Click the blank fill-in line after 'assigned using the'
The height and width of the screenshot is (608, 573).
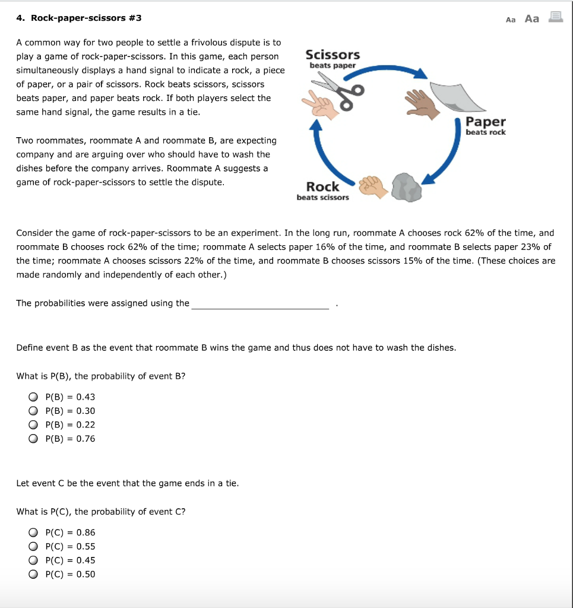tap(259, 304)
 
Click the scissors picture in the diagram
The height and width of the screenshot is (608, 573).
tap(338, 93)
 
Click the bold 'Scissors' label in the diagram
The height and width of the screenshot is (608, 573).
tap(332, 55)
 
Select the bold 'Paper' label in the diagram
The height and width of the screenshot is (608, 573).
tap(486, 122)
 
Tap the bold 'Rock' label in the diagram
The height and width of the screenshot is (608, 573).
tap(322, 186)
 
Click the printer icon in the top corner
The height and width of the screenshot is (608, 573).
tap(555, 18)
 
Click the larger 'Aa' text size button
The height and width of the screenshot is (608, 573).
tap(532, 18)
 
